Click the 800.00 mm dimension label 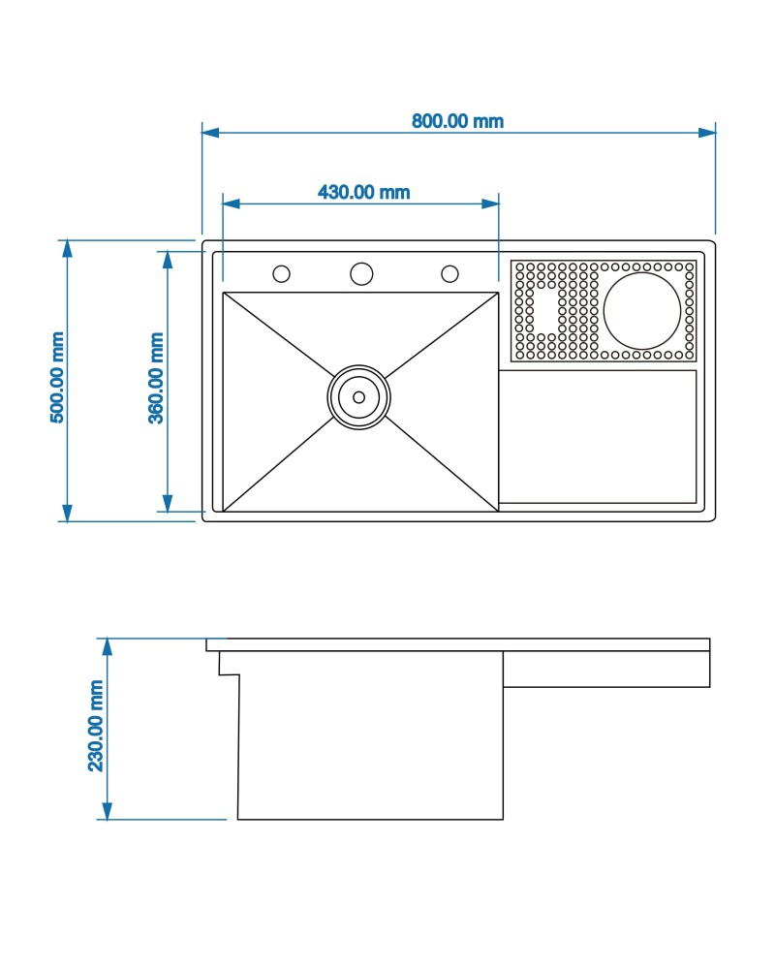pyautogui.click(x=457, y=120)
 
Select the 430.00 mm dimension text pyautogui.click(x=364, y=192)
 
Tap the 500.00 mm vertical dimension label pyautogui.click(x=57, y=378)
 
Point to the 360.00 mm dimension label pyautogui.click(x=156, y=378)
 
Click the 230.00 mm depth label pyautogui.click(x=96, y=726)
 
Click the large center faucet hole pyautogui.click(x=361, y=273)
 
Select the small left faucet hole pyautogui.click(x=281, y=274)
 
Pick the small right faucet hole pyautogui.click(x=449, y=274)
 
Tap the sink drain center pyautogui.click(x=359, y=396)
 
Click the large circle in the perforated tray pyautogui.click(x=642, y=311)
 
